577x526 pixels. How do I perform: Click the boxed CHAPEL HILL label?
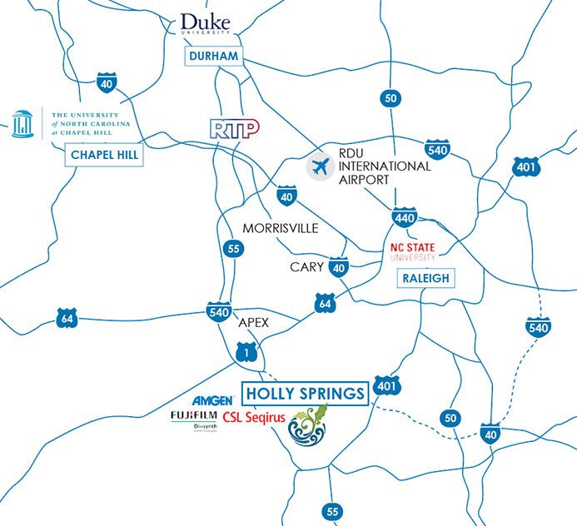pyautogui.click(x=104, y=155)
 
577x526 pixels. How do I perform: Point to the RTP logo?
pyautogui.click(x=235, y=127)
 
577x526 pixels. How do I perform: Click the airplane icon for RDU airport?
pyautogui.click(x=317, y=166)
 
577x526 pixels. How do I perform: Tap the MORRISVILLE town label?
pyautogui.click(x=281, y=228)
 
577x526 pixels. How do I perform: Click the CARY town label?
pyautogui.click(x=306, y=267)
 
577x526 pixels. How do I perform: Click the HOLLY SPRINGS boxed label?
pyautogui.click(x=304, y=393)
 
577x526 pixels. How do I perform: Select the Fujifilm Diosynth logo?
pyautogui.click(x=196, y=420)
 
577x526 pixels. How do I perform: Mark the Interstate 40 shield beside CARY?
pyautogui.click(x=339, y=268)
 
